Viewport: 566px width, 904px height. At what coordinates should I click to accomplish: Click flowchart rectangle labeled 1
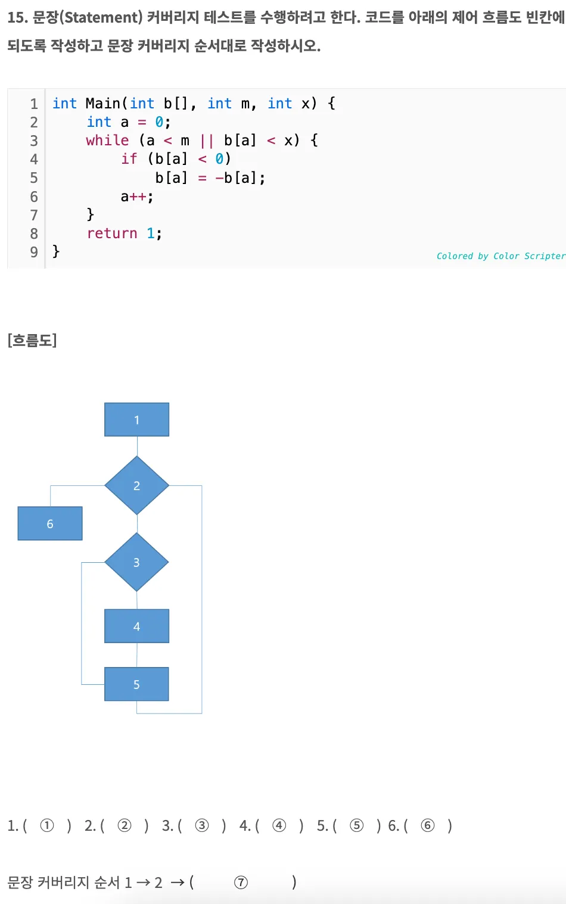(136, 420)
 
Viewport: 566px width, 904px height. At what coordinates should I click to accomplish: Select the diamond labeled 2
(136, 485)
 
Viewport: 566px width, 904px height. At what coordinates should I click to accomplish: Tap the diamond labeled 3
(136, 562)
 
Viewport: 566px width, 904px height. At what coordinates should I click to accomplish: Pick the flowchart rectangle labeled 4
(136, 626)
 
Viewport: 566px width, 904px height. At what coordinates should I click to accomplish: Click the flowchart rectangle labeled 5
(136, 684)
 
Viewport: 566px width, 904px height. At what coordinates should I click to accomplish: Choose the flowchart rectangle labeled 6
(50, 523)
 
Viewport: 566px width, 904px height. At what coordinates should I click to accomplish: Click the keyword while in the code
(107, 141)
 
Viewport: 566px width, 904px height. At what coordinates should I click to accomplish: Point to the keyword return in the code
(112, 233)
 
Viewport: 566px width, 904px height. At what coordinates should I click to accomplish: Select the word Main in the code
(103, 104)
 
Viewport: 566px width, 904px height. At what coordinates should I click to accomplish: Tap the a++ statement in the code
(137, 197)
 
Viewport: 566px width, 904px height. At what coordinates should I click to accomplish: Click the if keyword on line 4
(129, 159)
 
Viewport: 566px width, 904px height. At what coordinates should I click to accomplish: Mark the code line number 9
(34, 252)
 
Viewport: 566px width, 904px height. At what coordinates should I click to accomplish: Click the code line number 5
(34, 178)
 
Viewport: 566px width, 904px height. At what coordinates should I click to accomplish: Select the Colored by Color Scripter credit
(500, 256)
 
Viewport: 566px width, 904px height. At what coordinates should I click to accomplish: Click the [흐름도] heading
(32, 340)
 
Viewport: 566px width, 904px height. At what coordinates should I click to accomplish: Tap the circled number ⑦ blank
(241, 883)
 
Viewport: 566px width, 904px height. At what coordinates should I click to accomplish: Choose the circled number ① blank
(47, 825)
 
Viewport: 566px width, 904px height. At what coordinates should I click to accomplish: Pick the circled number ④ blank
(279, 825)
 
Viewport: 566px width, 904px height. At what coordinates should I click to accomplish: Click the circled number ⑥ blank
(428, 825)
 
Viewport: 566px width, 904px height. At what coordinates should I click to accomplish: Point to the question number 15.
(17, 17)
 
